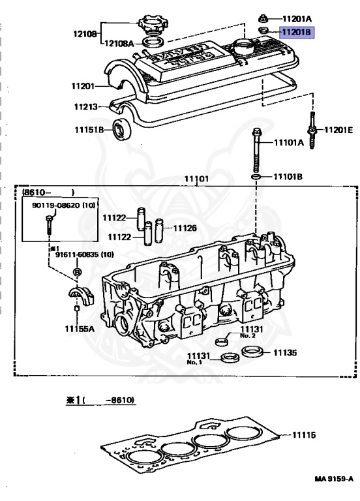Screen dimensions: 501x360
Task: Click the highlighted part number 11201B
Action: (x=297, y=31)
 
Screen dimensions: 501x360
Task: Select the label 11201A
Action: (x=297, y=18)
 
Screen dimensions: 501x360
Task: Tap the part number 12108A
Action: (x=119, y=43)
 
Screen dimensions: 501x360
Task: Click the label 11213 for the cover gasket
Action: (x=85, y=106)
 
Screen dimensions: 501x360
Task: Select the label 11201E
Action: (x=338, y=130)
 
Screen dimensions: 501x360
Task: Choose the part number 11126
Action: (x=185, y=228)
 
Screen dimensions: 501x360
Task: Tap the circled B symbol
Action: (x=77, y=270)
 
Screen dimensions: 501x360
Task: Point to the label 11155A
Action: (x=79, y=328)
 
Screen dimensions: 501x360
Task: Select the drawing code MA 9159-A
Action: (x=333, y=479)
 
